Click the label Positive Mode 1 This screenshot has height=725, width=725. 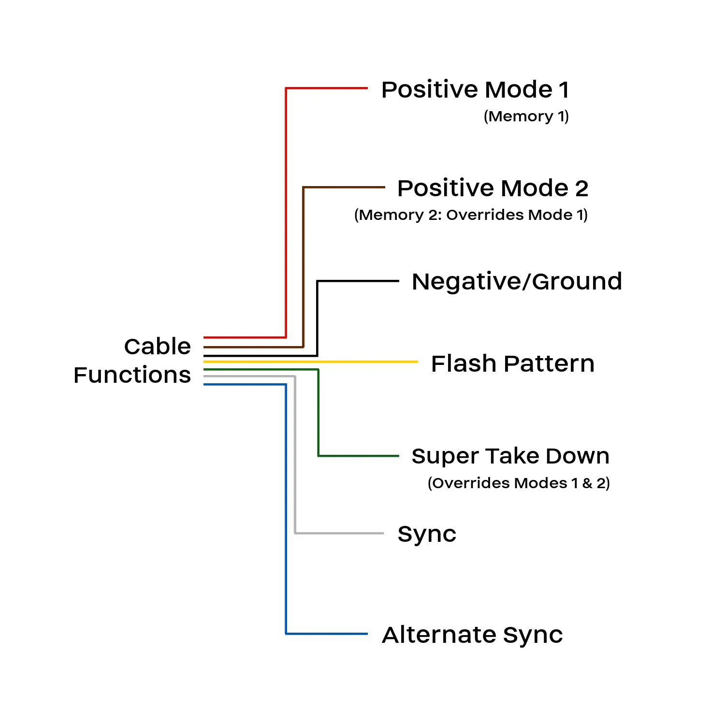[475, 90]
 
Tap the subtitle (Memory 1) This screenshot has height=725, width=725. [526, 116]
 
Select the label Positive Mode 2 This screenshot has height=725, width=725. [493, 188]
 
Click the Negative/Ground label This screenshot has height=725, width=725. [517, 282]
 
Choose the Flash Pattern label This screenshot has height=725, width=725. [512, 364]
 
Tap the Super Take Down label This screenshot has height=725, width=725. [510, 456]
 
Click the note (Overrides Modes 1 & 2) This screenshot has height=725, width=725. [519, 483]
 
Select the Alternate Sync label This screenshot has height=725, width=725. [472, 635]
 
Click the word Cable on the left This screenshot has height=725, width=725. [158, 347]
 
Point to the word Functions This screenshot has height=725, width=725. [132, 375]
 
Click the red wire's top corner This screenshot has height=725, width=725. [286, 88]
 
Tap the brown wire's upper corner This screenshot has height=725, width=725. [304, 187]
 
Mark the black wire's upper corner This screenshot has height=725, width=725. [318, 281]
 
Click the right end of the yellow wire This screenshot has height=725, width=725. [417, 362]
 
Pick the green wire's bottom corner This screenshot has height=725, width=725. [318, 455]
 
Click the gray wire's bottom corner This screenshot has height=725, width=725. [295, 533]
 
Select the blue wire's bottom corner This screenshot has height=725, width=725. [286, 633]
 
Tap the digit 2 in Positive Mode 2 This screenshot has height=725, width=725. [581, 188]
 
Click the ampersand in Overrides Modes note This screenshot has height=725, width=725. [587, 483]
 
